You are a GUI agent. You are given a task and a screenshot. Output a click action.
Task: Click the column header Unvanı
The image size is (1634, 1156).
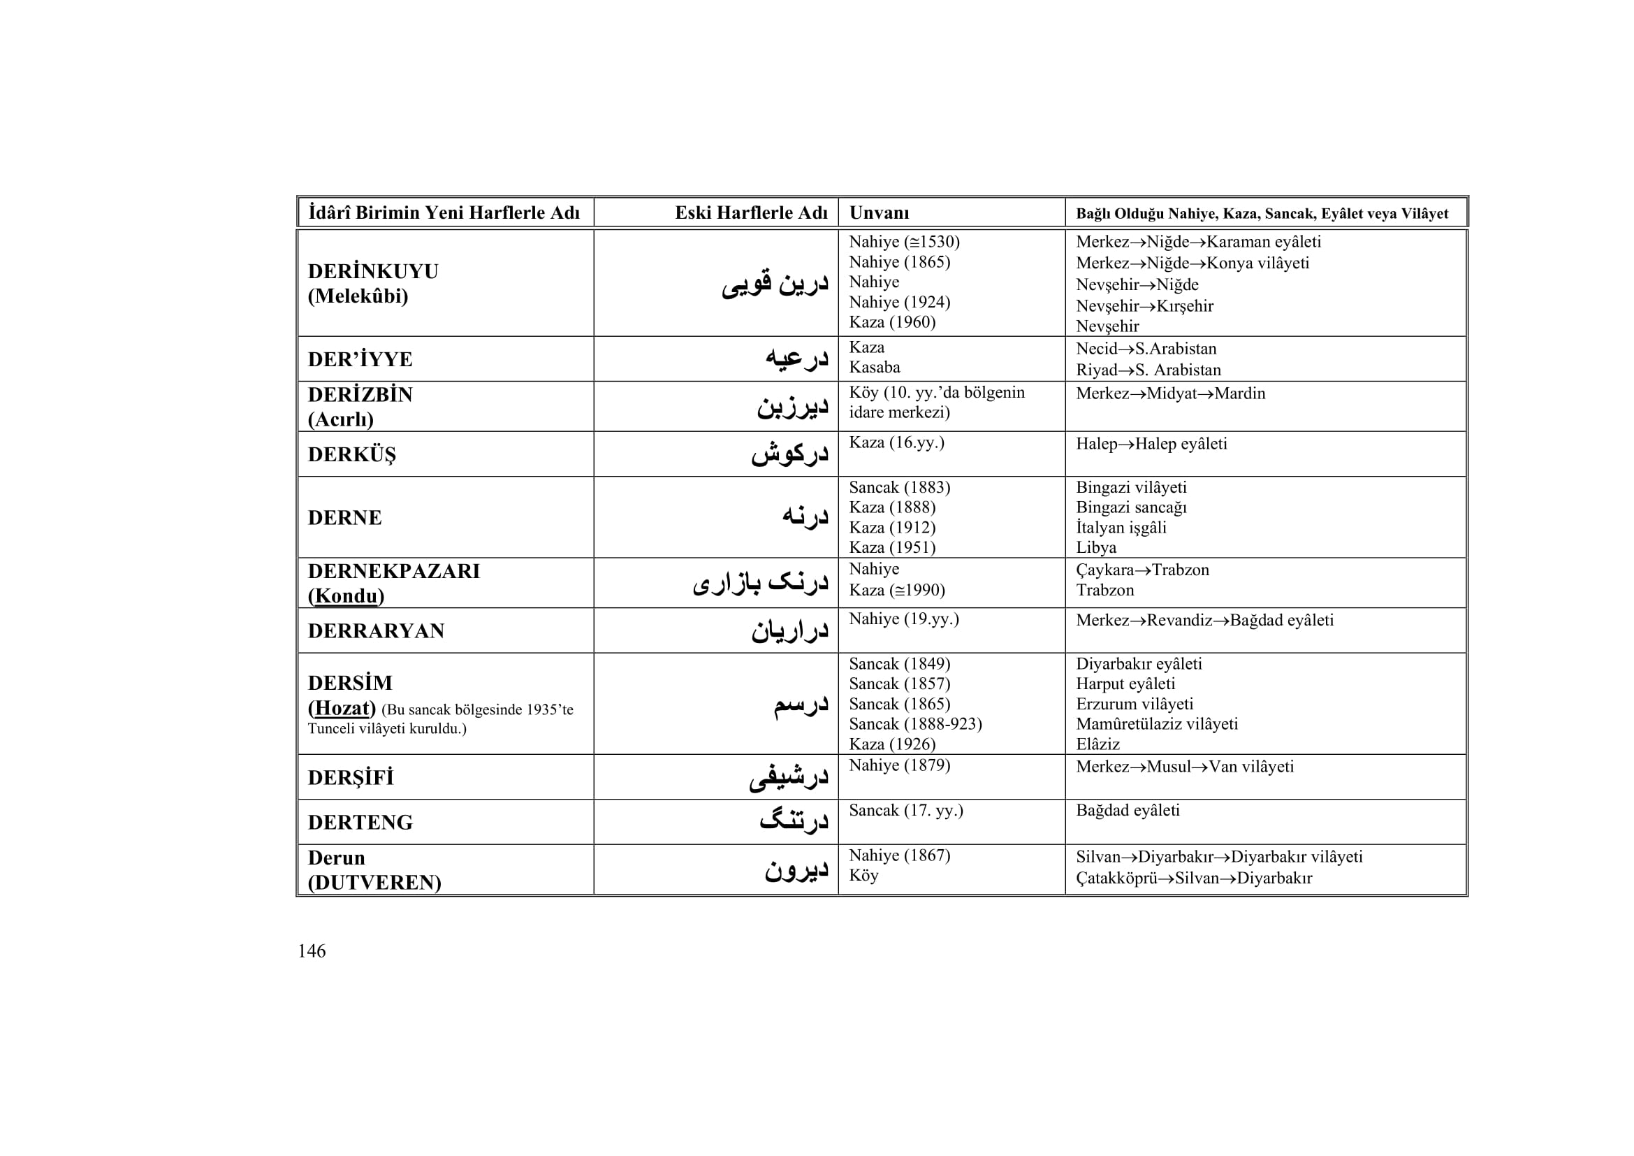(879, 213)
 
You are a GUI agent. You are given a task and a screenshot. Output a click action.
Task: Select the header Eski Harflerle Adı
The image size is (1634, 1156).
(751, 213)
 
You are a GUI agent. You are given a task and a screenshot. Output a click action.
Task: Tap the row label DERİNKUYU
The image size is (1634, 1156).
(373, 272)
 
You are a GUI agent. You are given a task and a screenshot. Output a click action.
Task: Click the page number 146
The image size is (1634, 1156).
(312, 951)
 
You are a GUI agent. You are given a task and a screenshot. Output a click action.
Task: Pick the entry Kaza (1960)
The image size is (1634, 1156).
(891, 322)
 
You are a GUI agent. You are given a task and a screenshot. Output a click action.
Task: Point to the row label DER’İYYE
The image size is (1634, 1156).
(360, 359)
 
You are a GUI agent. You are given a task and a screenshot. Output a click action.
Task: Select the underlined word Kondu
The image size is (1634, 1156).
(346, 595)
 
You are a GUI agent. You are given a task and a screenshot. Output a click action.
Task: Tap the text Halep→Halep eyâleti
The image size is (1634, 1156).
(1151, 445)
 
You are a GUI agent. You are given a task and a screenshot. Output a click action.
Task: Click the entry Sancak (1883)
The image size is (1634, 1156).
(899, 488)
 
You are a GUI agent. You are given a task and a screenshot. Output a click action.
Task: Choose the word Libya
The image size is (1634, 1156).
(1096, 547)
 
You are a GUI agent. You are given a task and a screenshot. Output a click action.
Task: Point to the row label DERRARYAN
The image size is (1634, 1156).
(376, 631)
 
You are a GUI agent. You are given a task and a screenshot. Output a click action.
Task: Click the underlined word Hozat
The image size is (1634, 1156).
(342, 708)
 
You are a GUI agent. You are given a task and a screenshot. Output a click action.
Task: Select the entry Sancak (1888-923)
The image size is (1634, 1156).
(915, 724)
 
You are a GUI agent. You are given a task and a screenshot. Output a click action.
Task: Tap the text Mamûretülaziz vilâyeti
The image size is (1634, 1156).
(1156, 724)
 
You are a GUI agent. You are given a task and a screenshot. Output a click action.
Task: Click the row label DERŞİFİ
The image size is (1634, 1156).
(350, 778)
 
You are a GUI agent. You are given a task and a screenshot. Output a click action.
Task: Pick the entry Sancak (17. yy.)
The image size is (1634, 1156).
(905, 811)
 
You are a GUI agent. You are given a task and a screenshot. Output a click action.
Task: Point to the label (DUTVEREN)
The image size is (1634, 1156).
(374, 883)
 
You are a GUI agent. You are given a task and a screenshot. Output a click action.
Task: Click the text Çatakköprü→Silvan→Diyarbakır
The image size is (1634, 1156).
(1193, 879)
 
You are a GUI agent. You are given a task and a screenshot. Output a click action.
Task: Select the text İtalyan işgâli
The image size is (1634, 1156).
(1121, 528)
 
